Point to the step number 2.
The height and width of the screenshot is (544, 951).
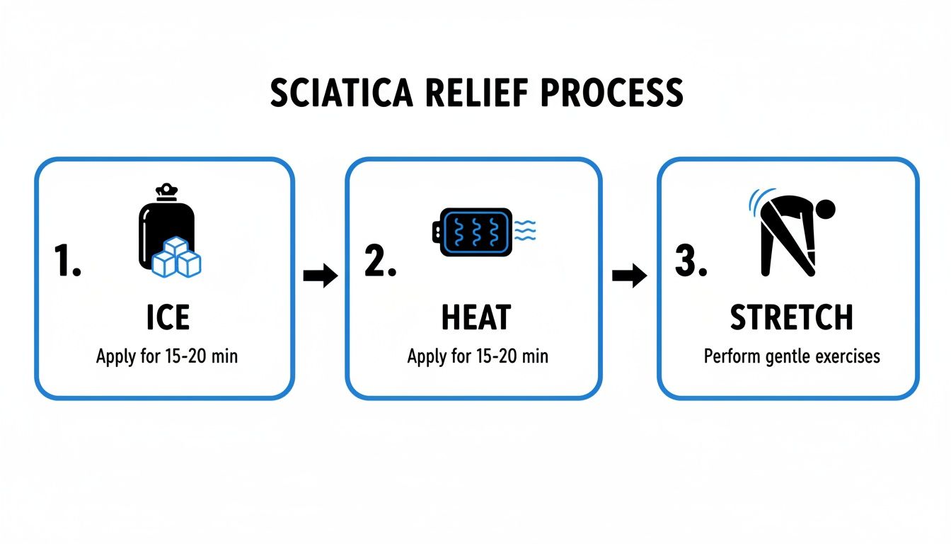(380, 261)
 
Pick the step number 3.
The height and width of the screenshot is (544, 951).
(691, 261)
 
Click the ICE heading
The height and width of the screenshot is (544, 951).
(168, 317)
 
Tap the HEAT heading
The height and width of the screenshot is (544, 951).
(475, 317)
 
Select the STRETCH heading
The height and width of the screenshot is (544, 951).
(791, 317)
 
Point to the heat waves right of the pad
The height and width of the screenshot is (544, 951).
(525, 229)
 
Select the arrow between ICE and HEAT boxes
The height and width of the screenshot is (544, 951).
(321, 276)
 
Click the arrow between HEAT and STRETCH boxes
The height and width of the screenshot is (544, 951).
(629, 276)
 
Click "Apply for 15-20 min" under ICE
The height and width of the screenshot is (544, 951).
(167, 356)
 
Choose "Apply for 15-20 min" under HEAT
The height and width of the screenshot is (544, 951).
(477, 356)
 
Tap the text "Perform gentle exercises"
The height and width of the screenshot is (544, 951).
(792, 356)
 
